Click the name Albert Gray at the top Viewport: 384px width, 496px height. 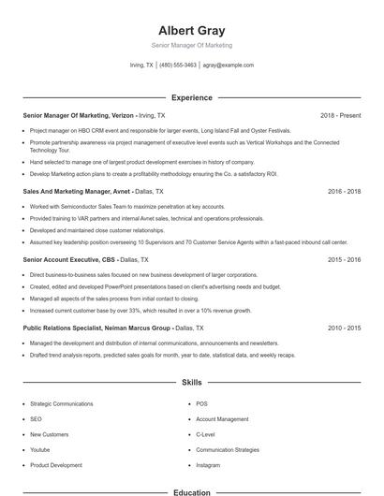click(x=192, y=30)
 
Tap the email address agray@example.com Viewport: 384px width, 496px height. click(x=229, y=66)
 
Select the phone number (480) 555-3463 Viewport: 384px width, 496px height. click(x=178, y=66)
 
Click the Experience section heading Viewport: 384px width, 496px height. click(x=192, y=97)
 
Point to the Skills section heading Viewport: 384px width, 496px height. click(x=192, y=383)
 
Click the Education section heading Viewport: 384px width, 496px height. click(x=192, y=491)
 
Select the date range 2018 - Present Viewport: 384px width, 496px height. click(x=340, y=115)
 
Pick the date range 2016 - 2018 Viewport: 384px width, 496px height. click(x=344, y=191)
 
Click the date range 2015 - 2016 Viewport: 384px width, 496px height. click(x=344, y=258)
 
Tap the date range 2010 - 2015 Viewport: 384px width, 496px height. click(x=344, y=328)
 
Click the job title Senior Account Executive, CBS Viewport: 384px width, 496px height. click(x=68, y=258)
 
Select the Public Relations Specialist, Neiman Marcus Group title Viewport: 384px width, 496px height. click(x=96, y=328)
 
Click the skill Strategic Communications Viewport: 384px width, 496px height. click(x=62, y=404)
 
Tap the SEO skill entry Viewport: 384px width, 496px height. click(x=37, y=419)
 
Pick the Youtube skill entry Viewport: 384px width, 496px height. click(x=40, y=450)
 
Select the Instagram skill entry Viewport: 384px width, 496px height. click(x=208, y=465)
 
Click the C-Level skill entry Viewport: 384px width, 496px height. click(x=206, y=435)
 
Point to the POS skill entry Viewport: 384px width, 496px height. click(x=201, y=404)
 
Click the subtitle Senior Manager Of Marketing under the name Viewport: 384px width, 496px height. click(x=192, y=45)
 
